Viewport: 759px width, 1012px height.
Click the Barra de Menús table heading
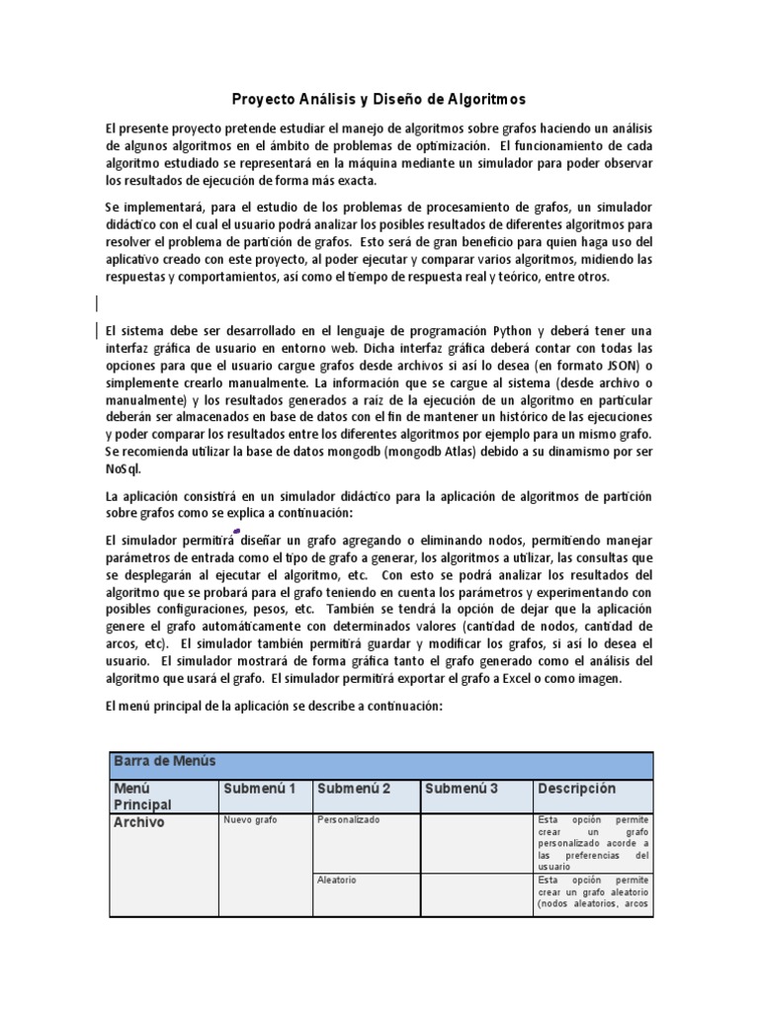[x=164, y=761]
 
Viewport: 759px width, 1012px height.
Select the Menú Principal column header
[x=143, y=797]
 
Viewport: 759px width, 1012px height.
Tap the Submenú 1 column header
[x=260, y=789]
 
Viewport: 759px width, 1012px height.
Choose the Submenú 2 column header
[x=354, y=789]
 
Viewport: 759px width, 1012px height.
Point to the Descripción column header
[x=577, y=789]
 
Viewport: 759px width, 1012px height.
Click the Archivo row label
[x=139, y=822]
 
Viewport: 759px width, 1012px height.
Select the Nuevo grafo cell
[x=251, y=820]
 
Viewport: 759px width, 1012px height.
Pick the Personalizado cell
[x=348, y=820]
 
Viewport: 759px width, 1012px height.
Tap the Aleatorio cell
[x=337, y=880]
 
